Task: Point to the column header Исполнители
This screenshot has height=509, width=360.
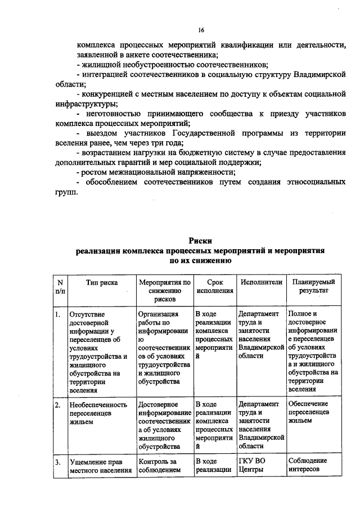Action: coord(260,282)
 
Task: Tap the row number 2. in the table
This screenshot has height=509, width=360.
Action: coord(58,405)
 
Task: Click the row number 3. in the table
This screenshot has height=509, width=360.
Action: coord(58,462)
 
